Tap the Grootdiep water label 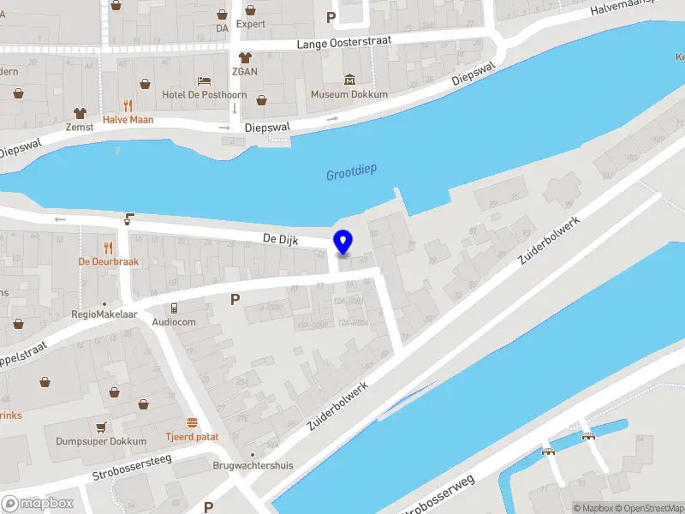(351, 175)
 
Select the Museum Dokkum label (349, 94)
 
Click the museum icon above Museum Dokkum (349, 80)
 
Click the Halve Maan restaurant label (128, 120)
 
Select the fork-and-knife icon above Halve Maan (128, 105)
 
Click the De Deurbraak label (108, 261)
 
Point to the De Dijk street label (281, 241)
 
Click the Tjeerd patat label (192, 437)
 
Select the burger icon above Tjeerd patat (192, 422)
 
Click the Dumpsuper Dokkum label (101, 441)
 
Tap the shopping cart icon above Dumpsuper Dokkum (101, 427)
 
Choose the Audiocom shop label (174, 322)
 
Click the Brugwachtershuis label (253, 466)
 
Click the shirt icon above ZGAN (245, 57)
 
